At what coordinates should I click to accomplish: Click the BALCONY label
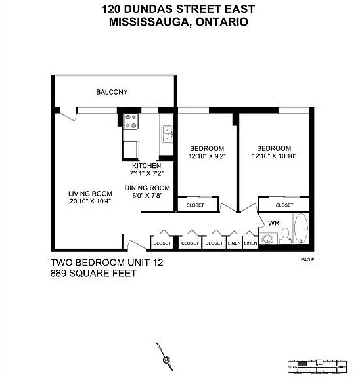tap(112, 92)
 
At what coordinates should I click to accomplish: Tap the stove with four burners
tap(131, 121)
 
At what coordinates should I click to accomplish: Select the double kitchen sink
tap(167, 134)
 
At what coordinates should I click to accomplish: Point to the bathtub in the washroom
tap(301, 228)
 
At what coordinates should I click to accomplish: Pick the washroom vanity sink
tap(267, 240)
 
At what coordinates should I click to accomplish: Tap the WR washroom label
tap(274, 223)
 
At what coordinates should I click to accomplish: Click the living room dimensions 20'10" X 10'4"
tap(90, 201)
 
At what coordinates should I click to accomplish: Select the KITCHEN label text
tap(146, 166)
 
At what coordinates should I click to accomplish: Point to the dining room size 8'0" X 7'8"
tap(147, 196)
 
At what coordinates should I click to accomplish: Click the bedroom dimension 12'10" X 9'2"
tap(207, 156)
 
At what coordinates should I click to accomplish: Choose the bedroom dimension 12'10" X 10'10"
tap(274, 156)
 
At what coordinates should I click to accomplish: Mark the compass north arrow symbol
tap(165, 357)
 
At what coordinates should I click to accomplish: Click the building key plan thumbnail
tap(317, 367)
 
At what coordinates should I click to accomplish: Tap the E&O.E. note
tap(308, 260)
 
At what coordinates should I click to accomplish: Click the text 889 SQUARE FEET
tap(93, 274)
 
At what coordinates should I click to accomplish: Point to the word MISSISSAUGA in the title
tap(149, 22)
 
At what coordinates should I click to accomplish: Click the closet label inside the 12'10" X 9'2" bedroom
tap(195, 205)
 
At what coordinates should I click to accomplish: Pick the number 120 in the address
tap(111, 9)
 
